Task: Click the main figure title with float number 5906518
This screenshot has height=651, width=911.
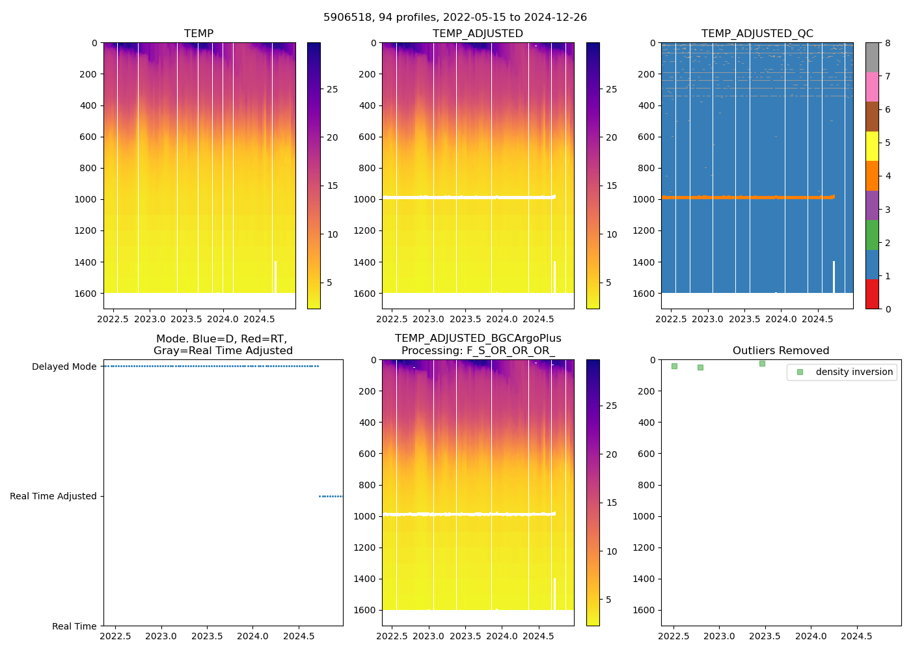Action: [x=455, y=17]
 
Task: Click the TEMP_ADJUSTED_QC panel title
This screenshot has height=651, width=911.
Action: [x=757, y=33]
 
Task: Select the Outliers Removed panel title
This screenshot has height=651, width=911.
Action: [x=781, y=350]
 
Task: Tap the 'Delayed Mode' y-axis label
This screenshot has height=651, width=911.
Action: [x=64, y=367]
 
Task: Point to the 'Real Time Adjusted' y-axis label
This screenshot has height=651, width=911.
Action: [x=53, y=496]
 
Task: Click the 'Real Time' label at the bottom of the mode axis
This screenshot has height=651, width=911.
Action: [x=74, y=626]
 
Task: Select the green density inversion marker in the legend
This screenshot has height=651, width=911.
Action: [x=800, y=372]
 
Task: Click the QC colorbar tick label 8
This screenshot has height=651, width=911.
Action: [x=888, y=43]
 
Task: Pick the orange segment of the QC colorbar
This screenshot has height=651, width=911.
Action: [x=872, y=176]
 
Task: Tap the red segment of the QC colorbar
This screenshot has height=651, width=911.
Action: [x=872, y=294]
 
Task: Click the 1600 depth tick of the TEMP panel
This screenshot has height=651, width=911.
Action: [x=86, y=294]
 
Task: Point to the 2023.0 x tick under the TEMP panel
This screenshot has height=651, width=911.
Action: [x=150, y=319]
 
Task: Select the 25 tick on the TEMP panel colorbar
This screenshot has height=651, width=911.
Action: [x=333, y=89]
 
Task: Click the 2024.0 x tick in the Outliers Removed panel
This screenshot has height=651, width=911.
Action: [x=811, y=636]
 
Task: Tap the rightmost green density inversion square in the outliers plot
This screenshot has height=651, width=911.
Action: [x=762, y=363]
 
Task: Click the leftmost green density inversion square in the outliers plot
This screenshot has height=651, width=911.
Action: [x=674, y=366]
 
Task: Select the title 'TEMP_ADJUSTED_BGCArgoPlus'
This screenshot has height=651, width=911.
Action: [x=478, y=338]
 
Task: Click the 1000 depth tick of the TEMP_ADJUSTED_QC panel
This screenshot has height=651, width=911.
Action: [x=644, y=199]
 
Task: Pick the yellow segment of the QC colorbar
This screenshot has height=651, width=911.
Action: [x=872, y=146]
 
